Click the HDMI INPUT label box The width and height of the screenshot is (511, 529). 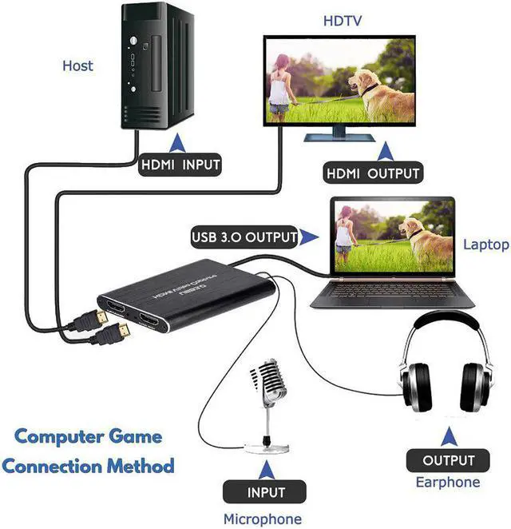pos(180,165)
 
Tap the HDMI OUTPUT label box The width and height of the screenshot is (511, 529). pos(372,173)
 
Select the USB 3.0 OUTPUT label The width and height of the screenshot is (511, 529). pos(244,237)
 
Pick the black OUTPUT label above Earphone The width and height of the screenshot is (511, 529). pos(448,460)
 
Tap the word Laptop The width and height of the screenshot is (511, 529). pos(485,245)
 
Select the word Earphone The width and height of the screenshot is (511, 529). pos(448,482)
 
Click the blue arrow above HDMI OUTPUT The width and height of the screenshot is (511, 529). pos(386,151)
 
